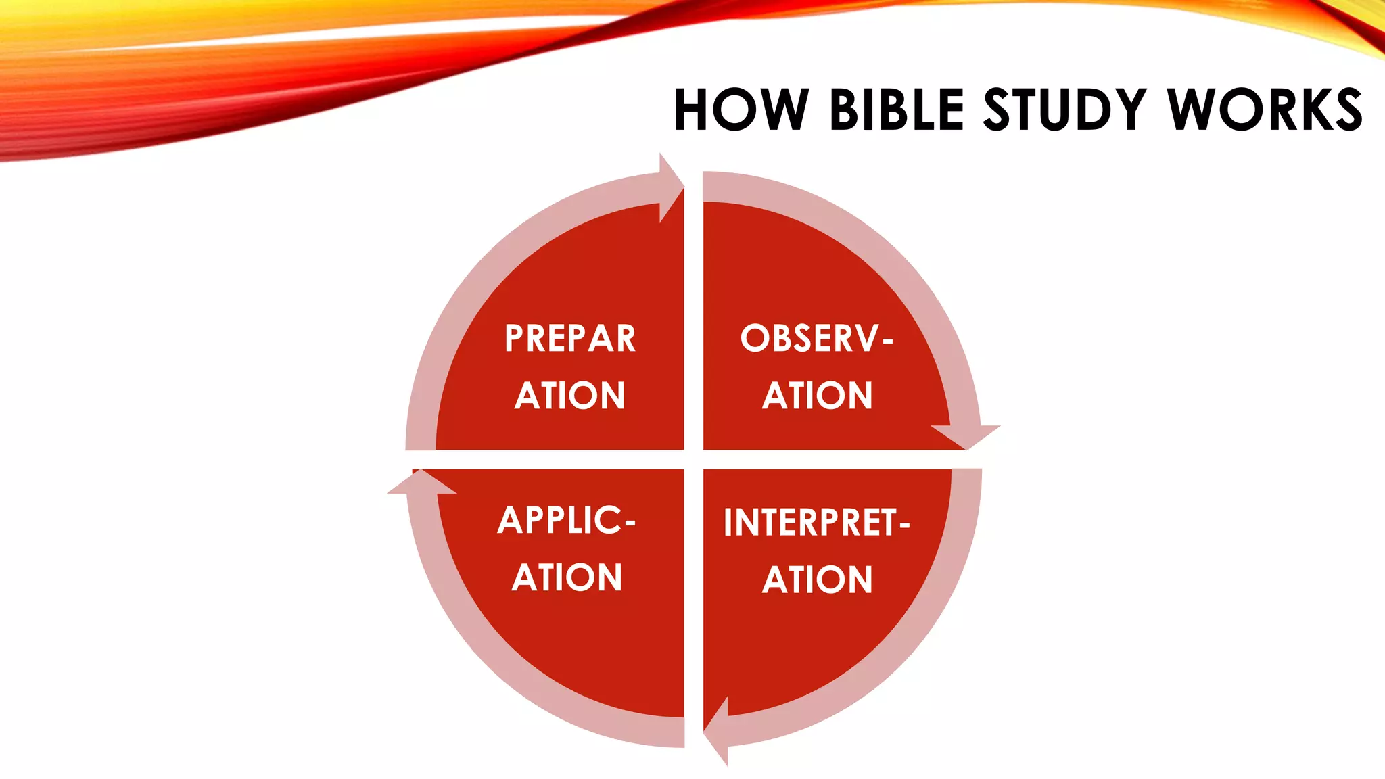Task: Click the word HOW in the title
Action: (x=741, y=110)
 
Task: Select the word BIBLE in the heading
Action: (x=897, y=110)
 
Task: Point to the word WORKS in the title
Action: (x=1265, y=110)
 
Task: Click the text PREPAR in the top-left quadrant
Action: (x=570, y=339)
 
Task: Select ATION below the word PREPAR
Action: (x=570, y=396)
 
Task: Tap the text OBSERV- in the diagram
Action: (x=817, y=338)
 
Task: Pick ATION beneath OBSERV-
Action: (x=818, y=396)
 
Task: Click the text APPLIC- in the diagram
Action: (x=567, y=521)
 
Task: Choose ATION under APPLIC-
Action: (x=567, y=578)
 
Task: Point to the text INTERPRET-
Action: (x=817, y=523)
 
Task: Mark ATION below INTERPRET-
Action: (x=818, y=580)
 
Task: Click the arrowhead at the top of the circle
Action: (x=670, y=187)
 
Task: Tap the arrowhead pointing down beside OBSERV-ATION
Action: (x=966, y=435)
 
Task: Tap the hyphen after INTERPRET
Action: (x=905, y=525)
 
